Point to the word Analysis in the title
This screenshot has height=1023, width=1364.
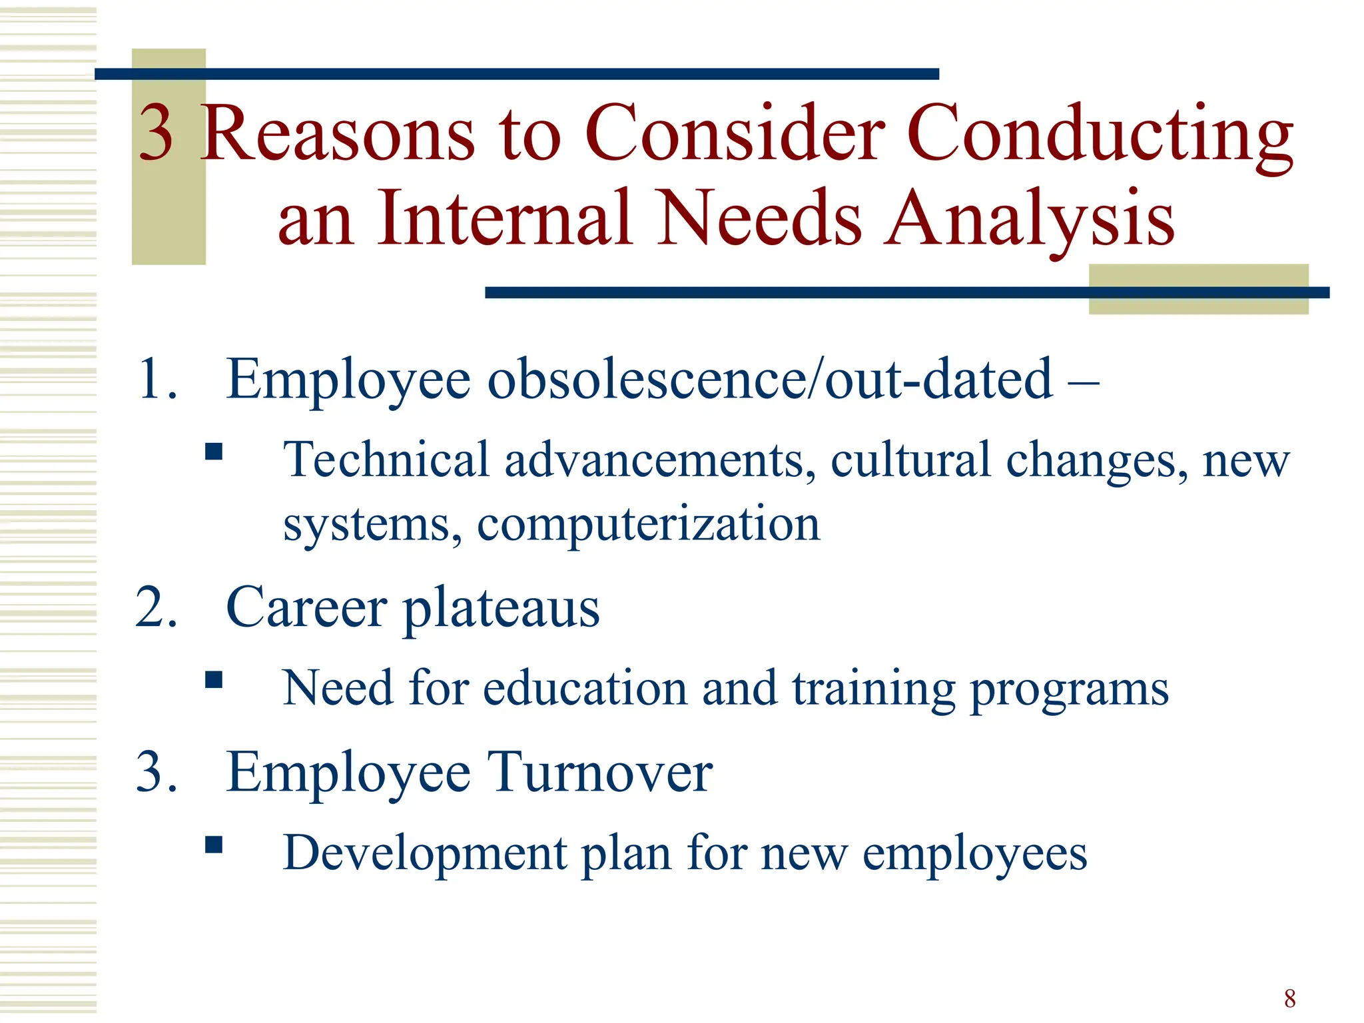pos(1029,218)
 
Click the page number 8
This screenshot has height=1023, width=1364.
pos(1290,998)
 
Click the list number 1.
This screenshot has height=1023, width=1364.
pos(157,380)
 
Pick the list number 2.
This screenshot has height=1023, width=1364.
pos(157,607)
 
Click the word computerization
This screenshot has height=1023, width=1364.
pos(648,525)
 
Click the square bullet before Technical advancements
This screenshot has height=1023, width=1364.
pos(213,452)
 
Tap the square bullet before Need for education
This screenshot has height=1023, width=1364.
pos(213,680)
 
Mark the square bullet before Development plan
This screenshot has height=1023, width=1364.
pos(213,845)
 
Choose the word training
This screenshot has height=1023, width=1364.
pos(874,689)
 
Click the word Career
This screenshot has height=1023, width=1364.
pos(306,607)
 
